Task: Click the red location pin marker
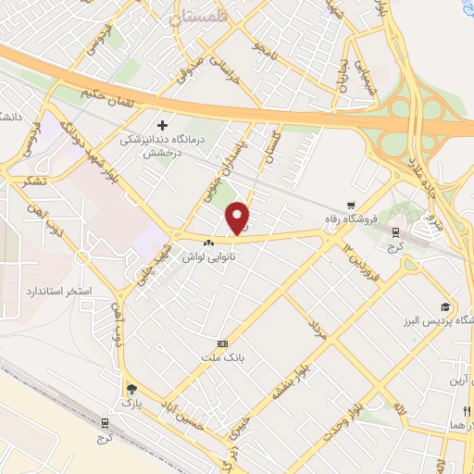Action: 239,218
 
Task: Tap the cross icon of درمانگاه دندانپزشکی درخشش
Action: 164,125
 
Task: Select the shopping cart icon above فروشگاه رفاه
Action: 350,206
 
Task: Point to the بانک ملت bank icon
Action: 220,343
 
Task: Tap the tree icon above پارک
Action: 131,389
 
